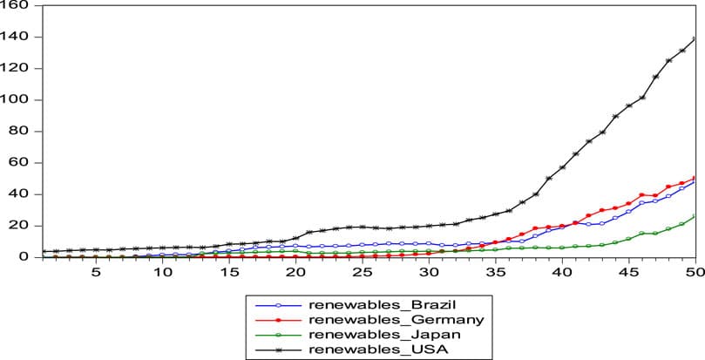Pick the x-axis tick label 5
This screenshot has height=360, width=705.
tap(95, 273)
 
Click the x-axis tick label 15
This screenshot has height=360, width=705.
tap(229, 273)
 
